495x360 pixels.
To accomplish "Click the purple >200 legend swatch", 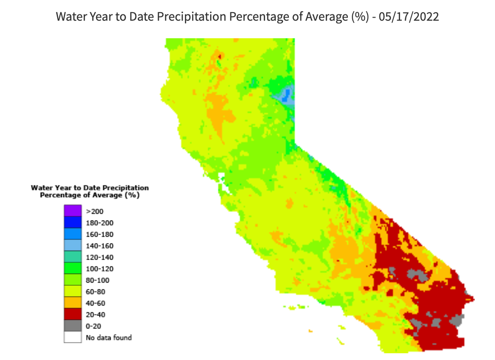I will [x=72, y=211].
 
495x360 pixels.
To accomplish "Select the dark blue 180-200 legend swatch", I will [x=72, y=222].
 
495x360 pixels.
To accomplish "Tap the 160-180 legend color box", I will [x=72, y=234].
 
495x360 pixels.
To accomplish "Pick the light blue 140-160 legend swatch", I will [x=72, y=246].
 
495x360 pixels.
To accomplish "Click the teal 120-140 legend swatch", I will [x=72, y=257].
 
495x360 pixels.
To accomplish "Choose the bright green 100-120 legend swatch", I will [x=72, y=269].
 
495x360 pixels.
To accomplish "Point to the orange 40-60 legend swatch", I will [x=72, y=303].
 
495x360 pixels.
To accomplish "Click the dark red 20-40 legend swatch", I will [x=72, y=315].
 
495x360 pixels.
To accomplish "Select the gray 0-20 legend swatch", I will [x=72, y=326].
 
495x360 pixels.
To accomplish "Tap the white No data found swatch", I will [x=72, y=337].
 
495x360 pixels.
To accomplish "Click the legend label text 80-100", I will [x=98, y=280].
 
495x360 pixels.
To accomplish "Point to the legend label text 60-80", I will [x=96, y=292].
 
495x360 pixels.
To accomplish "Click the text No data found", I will [x=108, y=337].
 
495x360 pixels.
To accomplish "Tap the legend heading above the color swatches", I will [x=90, y=191].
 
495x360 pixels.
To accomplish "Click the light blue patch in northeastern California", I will [x=285, y=95].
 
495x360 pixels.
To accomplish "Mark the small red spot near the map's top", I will [x=220, y=56].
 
